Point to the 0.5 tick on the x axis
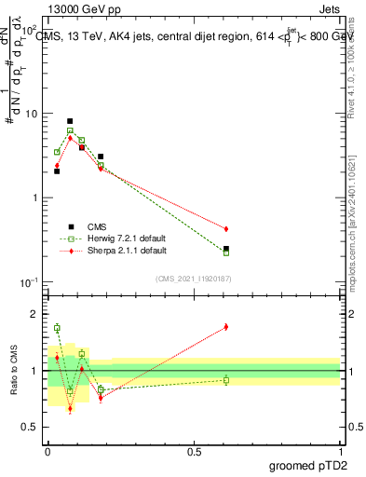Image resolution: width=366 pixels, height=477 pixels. [194, 450]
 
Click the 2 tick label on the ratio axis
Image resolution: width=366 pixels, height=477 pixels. [38, 314]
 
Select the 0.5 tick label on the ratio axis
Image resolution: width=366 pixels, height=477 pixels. [33, 427]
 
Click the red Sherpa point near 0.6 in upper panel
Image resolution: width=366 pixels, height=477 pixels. [226, 228]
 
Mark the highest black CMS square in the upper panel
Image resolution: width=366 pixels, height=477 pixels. [70, 121]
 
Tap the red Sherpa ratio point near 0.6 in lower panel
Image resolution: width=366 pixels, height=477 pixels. [226, 327]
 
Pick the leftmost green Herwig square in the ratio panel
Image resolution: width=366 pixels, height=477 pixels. [57, 328]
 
